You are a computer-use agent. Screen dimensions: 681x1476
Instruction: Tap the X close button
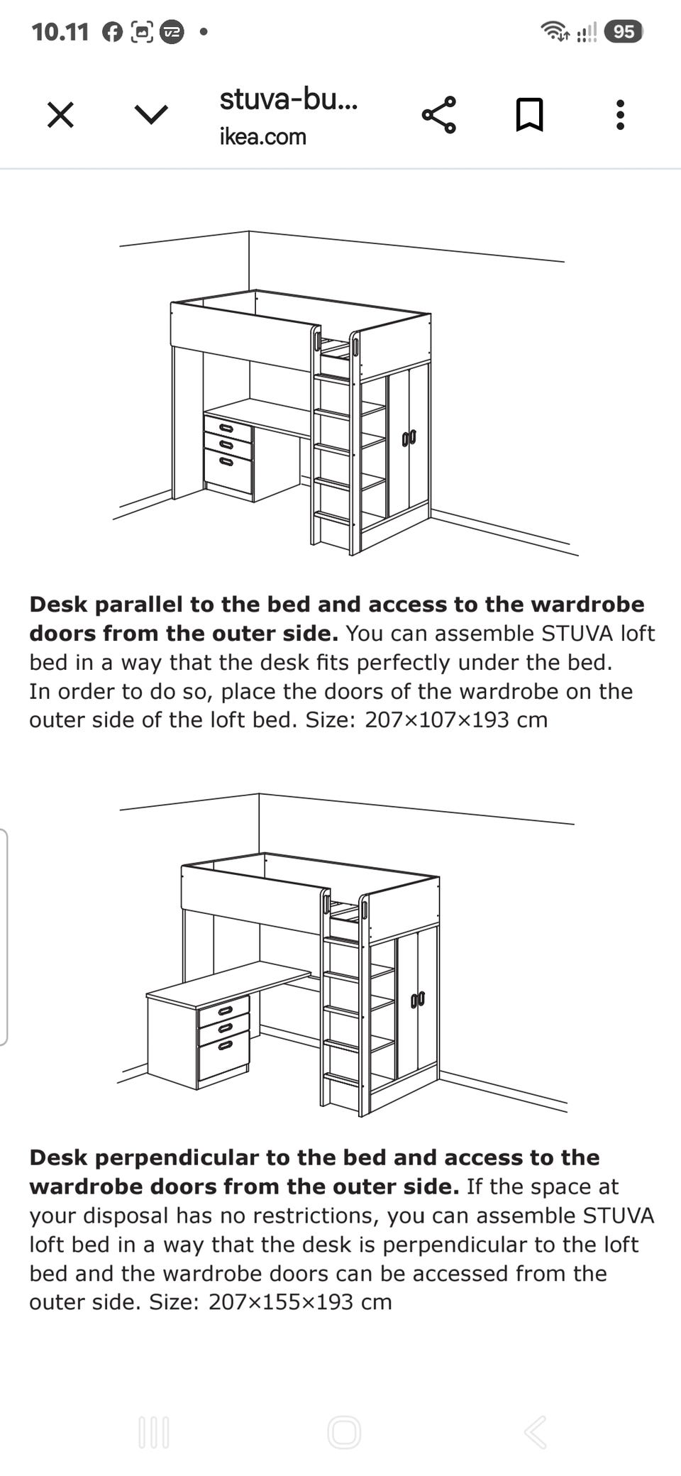tap(60, 114)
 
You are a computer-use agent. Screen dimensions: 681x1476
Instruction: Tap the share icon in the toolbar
tap(439, 115)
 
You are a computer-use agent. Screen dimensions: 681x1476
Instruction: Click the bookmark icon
tap(529, 115)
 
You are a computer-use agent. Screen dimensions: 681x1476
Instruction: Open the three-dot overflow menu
tap(620, 115)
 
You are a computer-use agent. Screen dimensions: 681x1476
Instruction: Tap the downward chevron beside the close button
tap(151, 115)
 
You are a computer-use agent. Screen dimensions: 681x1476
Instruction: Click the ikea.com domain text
tap(262, 136)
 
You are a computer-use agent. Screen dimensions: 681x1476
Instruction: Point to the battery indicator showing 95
tap(624, 32)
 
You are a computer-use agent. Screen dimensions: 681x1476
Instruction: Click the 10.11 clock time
tap(60, 32)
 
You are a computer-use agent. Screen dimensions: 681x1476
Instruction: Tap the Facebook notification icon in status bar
tap(113, 32)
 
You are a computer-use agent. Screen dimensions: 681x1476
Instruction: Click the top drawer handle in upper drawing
tap(226, 428)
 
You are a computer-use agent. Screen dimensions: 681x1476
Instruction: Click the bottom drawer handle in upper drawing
tap(226, 461)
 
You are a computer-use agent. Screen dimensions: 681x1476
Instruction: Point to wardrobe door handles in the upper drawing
tap(409, 438)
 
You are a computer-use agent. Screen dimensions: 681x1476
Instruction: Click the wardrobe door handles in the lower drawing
tap(418, 1001)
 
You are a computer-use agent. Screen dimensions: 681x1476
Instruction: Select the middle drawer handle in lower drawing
tap(226, 1028)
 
